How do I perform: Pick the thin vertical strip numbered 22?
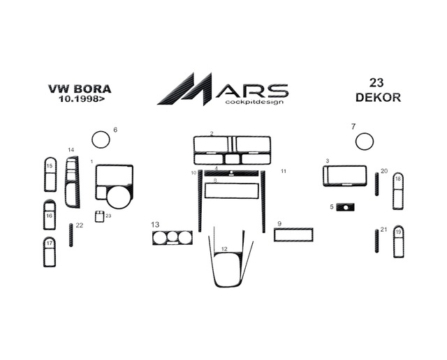tap(71, 235)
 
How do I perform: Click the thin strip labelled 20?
tap(377, 184)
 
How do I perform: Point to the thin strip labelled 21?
tap(377, 241)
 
